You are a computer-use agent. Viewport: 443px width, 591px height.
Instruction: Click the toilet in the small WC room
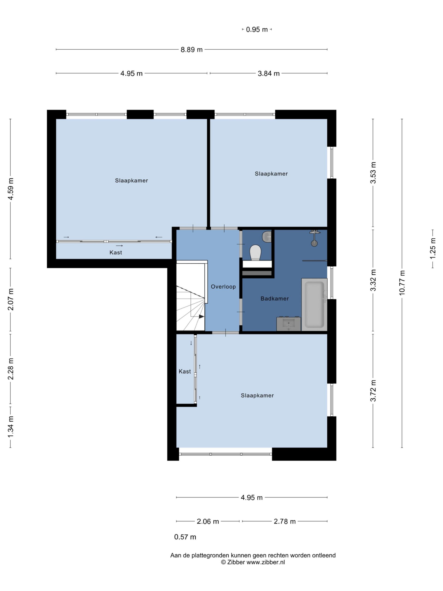click(x=255, y=253)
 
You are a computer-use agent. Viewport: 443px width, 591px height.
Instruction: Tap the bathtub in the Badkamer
click(x=314, y=304)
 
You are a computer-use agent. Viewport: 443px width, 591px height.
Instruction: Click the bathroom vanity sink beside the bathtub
click(x=288, y=324)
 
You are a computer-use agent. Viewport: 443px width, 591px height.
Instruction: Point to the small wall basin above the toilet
click(x=267, y=237)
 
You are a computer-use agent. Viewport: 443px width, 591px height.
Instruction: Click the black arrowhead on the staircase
click(x=201, y=317)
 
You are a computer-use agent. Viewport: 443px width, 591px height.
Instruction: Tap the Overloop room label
click(x=223, y=287)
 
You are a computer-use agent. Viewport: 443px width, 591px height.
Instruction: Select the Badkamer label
click(x=275, y=299)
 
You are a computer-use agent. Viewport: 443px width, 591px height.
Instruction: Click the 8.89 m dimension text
click(x=192, y=49)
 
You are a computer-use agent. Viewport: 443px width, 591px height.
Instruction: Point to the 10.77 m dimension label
click(x=402, y=283)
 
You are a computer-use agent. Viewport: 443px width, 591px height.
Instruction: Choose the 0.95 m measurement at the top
click(x=257, y=29)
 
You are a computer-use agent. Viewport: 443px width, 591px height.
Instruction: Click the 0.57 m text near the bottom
click(x=185, y=537)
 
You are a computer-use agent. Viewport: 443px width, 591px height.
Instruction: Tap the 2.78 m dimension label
click(x=285, y=521)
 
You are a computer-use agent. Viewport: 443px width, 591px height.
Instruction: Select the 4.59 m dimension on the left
click(x=11, y=189)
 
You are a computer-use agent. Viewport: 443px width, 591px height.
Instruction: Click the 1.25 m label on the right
click(x=433, y=248)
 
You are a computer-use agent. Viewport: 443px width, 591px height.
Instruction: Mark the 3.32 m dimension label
click(x=373, y=280)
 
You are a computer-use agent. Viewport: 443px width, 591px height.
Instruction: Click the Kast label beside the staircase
click(x=185, y=371)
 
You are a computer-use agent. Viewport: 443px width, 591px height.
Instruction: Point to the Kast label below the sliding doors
click(x=116, y=253)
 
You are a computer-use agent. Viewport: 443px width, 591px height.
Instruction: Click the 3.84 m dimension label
click(x=269, y=73)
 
